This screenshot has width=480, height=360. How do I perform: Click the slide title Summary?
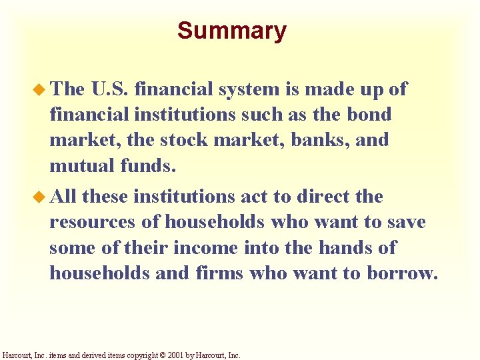231,31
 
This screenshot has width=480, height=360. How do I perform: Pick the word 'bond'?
369,114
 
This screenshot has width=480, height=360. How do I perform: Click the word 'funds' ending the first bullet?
148,165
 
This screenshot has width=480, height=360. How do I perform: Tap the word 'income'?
205,247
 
